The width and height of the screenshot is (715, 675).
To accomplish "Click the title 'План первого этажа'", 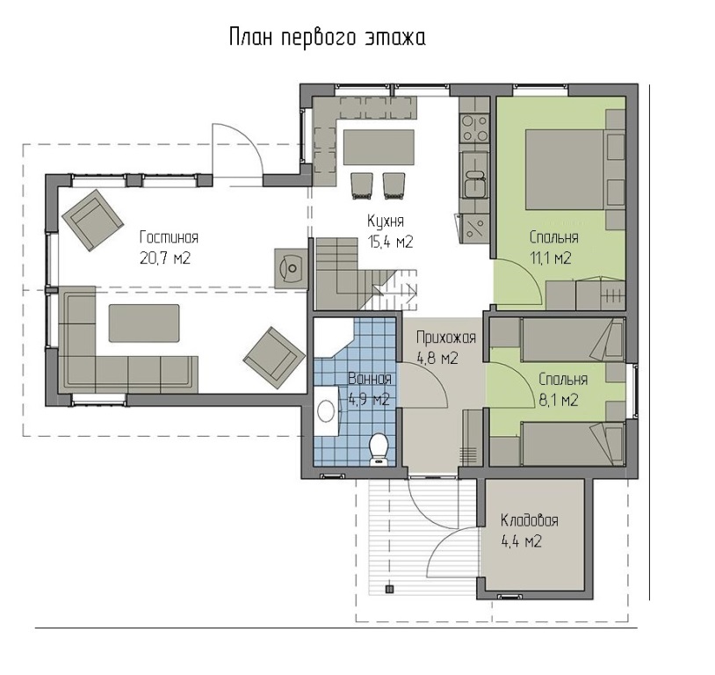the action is [x=327, y=38].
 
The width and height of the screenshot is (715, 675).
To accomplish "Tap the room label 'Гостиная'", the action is [x=170, y=238].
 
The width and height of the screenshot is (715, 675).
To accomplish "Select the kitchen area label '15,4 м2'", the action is [x=390, y=242].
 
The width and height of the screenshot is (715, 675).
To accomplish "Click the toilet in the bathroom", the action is [x=378, y=449].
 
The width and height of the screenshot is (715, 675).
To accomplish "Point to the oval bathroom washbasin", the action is [x=326, y=410].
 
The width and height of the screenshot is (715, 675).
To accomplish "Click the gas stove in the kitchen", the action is [x=475, y=128].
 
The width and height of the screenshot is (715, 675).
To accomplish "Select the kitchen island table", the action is [x=379, y=148].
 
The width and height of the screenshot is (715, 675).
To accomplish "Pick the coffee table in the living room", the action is [x=144, y=323].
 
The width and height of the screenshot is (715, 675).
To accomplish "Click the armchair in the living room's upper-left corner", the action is [x=93, y=220].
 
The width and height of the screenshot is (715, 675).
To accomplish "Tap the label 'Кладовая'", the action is [x=529, y=520].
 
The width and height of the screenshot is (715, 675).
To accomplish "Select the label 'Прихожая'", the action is [x=446, y=338].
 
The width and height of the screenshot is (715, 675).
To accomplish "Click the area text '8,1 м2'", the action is [x=558, y=401].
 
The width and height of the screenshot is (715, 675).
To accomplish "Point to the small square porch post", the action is [x=389, y=589].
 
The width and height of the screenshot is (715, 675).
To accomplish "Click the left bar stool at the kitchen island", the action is [x=363, y=185].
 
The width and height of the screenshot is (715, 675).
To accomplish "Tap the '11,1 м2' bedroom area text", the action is [x=551, y=258].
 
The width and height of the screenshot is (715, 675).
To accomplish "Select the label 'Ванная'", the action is [x=369, y=379].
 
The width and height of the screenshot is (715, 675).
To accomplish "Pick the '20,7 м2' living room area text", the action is [x=165, y=258].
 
